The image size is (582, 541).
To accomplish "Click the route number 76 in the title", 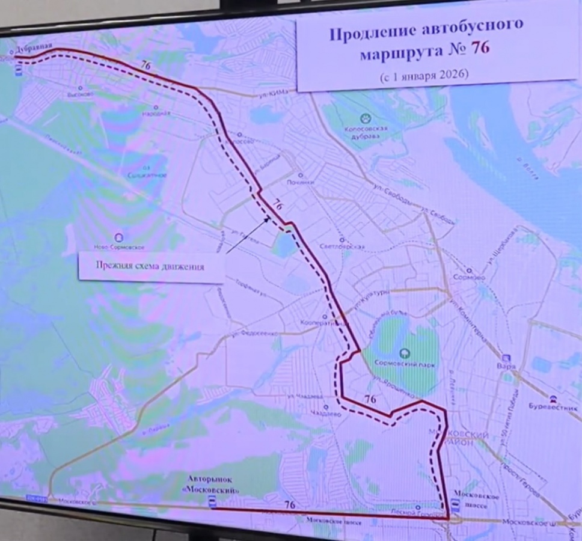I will [479, 49].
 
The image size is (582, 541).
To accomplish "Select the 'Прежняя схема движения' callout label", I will [151, 266].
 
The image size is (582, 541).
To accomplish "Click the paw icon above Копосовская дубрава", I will [364, 118].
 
